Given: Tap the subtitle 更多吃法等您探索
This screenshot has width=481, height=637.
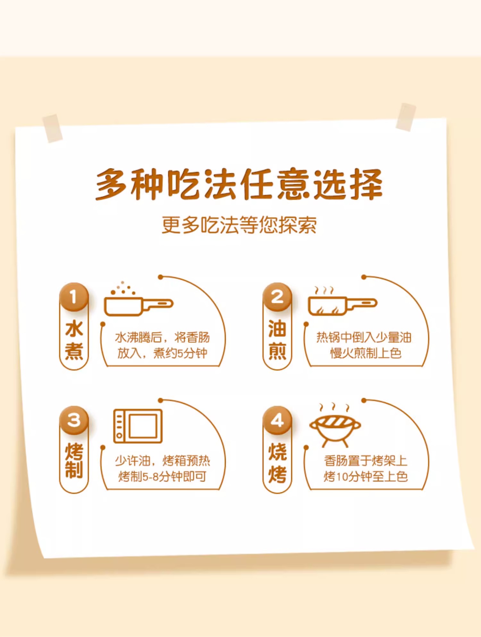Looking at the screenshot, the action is pos(239,225).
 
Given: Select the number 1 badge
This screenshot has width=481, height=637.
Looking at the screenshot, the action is pos(74,297).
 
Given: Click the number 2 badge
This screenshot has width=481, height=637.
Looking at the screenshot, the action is pos(277,297).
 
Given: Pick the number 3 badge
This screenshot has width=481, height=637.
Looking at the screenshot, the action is pos(74,420).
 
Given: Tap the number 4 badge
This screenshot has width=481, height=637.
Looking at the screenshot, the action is pos(277,420).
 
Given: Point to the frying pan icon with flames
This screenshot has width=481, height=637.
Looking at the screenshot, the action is pos(342,303).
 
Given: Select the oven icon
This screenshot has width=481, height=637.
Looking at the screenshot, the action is pos(138,426).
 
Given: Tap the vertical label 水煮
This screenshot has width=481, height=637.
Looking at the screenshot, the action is pos(74,339).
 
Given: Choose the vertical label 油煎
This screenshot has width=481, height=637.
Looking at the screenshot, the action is pos(277,339).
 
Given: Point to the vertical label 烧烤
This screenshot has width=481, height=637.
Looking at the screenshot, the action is pos(277,463).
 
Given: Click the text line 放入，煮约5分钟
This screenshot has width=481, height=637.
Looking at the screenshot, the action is pos(162,353).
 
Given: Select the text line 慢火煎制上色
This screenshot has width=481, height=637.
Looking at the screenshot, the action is pos(366,353).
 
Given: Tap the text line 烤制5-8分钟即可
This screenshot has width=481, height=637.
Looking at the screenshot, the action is pos(162,477).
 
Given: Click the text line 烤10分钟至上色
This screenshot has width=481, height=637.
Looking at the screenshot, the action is pos(366,477).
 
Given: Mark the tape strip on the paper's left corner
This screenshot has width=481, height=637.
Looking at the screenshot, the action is pos(53,128).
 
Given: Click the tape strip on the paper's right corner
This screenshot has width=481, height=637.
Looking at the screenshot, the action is pos(406,117).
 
